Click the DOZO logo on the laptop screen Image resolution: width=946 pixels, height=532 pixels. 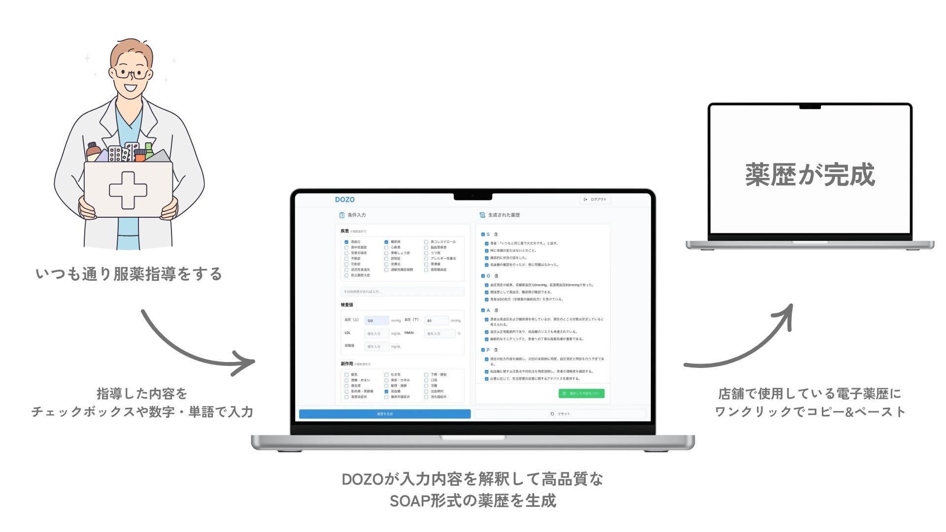coord(344,199)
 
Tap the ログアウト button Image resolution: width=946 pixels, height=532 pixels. coord(595,199)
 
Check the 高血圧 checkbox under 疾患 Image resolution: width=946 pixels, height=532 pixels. coord(346,242)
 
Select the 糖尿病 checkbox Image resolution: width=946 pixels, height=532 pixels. coord(386,242)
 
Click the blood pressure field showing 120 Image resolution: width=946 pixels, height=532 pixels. coord(376,321)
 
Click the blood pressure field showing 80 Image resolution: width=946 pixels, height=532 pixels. coord(436,321)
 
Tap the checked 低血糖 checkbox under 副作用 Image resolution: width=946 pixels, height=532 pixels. coord(386,391)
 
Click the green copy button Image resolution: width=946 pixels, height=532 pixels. coord(581,394)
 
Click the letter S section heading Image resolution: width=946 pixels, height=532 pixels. coord(488,234)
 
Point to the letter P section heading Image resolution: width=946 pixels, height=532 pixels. coord(488,350)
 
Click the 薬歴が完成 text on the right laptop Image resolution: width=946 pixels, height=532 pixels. coord(810,175)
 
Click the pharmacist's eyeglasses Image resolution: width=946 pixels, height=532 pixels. coord(132,74)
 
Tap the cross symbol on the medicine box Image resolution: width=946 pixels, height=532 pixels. coord(128,190)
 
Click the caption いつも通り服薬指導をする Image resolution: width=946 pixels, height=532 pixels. coord(129,274)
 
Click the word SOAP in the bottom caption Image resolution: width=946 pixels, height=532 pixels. coord(409,501)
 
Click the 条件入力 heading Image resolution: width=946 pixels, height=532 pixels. coord(356,215)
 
